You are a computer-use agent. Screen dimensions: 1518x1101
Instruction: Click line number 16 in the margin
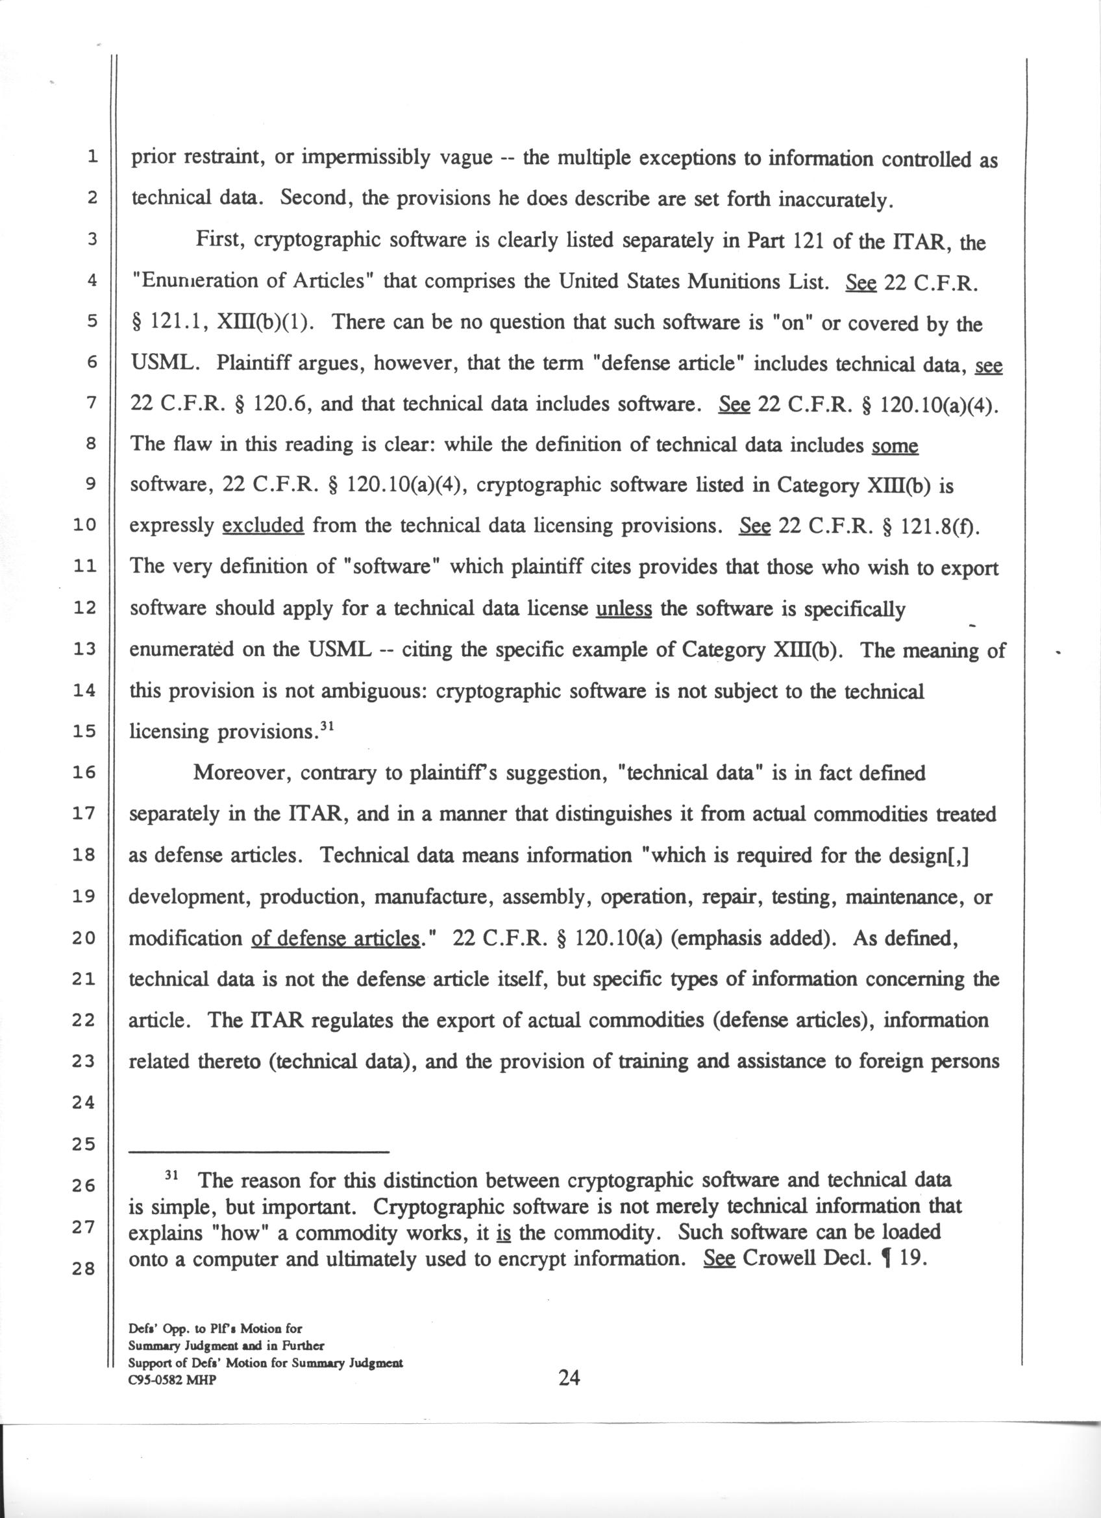click(x=85, y=773)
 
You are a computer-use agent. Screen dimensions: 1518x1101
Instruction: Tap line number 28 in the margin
click(x=85, y=1268)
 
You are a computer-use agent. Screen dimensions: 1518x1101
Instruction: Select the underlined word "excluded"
click(x=263, y=526)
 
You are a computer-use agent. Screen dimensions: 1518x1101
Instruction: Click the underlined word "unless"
click(x=624, y=608)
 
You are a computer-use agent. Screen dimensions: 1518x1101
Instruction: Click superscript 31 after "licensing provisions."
click(x=326, y=725)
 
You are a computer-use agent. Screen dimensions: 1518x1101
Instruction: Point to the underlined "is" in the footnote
click(x=503, y=1233)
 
